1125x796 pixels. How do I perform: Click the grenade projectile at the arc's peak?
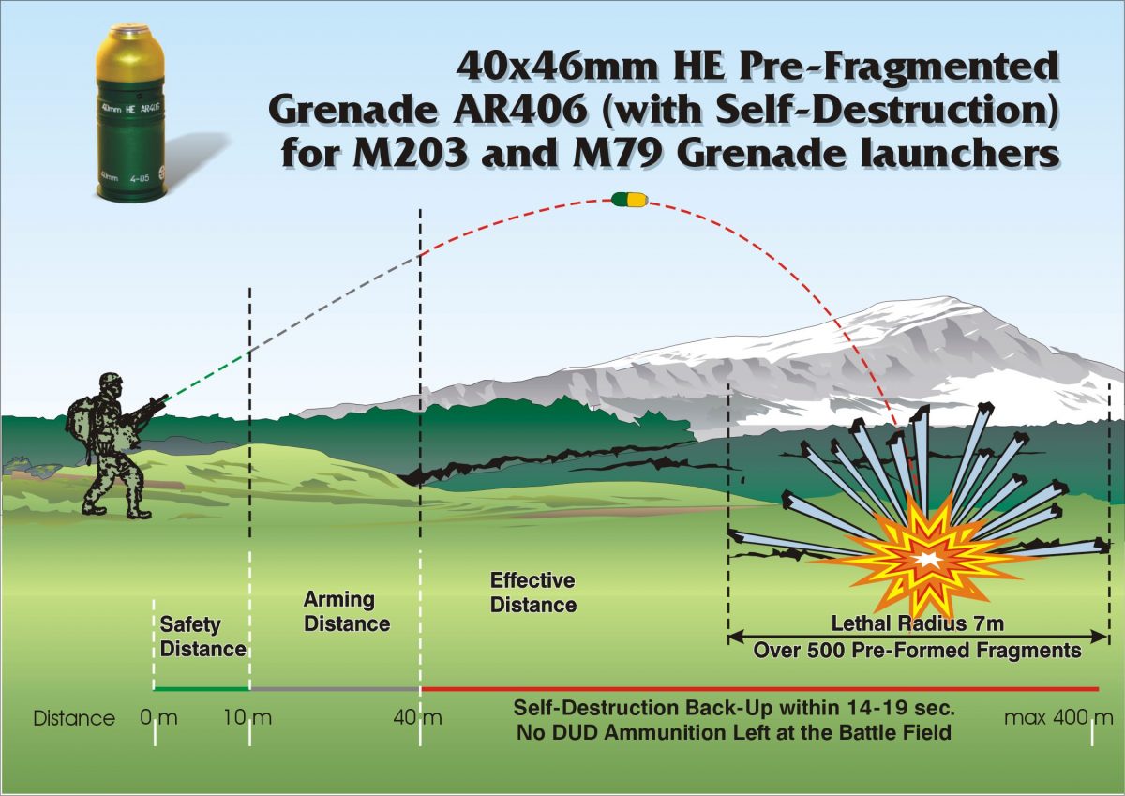(628, 199)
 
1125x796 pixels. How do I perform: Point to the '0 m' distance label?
(157, 719)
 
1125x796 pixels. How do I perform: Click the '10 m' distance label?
(247, 719)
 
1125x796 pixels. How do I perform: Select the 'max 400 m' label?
(1058, 719)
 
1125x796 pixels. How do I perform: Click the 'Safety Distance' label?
(202, 636)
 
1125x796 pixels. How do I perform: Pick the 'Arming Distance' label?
(346, 610)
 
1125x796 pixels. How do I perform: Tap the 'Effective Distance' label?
(532, 593)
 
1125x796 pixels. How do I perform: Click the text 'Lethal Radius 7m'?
(918, 624)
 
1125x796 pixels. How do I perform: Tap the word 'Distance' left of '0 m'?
(74, 719)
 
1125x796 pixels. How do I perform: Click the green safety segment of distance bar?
(202, 689)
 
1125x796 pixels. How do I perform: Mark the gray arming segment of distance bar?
(335, 689)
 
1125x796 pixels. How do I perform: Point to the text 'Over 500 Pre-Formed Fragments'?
(918, 650)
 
